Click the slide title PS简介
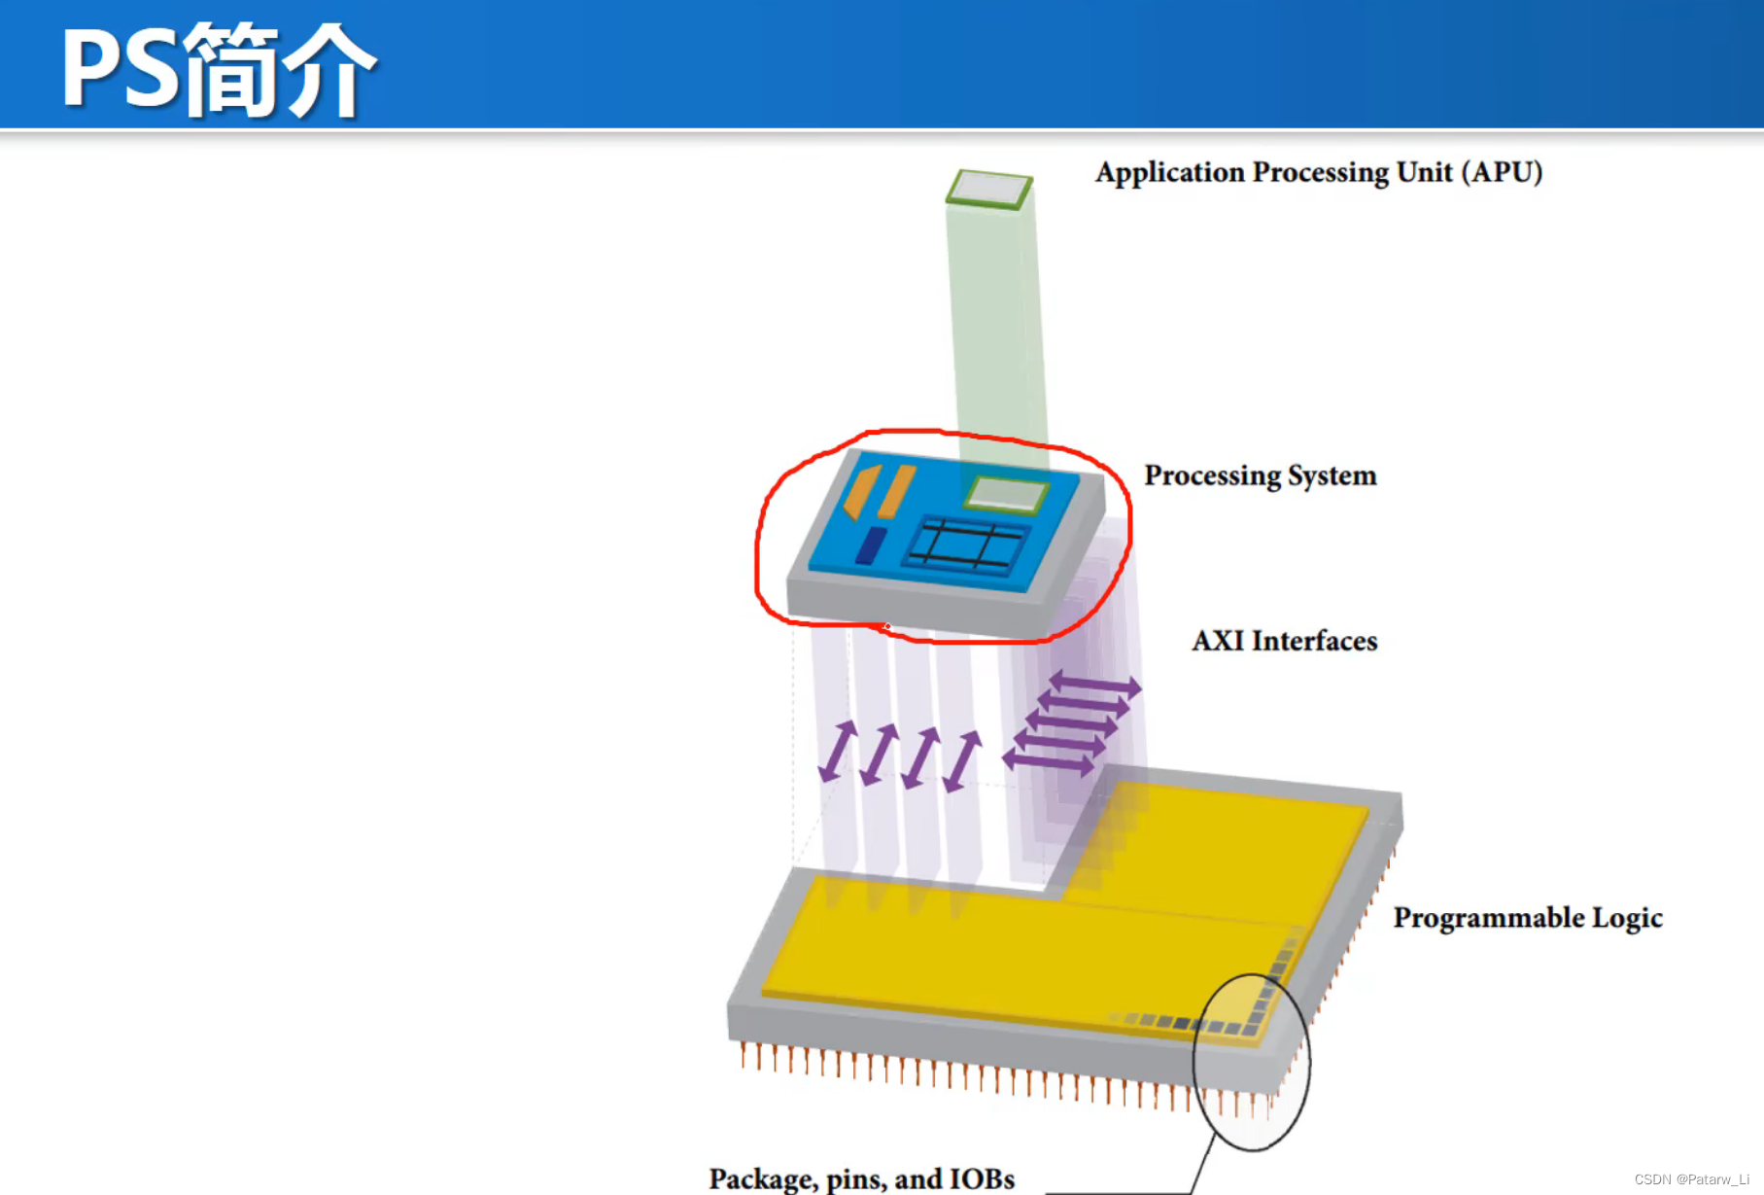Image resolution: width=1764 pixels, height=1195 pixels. [x=219, y=70]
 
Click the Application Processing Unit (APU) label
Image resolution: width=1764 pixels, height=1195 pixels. [x=1318, y=172]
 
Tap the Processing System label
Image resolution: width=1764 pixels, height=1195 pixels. [x=1260, y=475]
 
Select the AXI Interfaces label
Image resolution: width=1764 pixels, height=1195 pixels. [x=1284, y=641]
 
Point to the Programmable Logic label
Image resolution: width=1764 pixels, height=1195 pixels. [x=1527, y=918]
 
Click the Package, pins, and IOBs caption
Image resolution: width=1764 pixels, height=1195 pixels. [x=861, y=1178]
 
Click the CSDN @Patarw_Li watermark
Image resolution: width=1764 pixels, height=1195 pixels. [x=1691, y=1179]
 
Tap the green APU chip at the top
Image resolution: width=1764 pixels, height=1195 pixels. [x=989, y=189]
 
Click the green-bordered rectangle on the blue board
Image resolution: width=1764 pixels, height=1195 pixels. [x=1006, y=494]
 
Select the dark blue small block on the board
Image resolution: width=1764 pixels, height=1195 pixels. [x=871, y=545]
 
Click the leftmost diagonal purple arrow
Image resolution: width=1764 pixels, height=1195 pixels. [x=837, y=752]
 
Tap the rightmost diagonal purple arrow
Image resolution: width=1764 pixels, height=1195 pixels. [x=962, y=761]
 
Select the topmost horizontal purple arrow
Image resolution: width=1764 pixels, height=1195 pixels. [x=1094, y=685]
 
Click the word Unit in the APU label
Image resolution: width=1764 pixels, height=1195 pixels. [x=1424, y=172]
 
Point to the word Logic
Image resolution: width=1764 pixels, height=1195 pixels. [x=1627, y=918]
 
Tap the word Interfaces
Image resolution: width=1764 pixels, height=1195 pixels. [x=1314, y=641]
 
